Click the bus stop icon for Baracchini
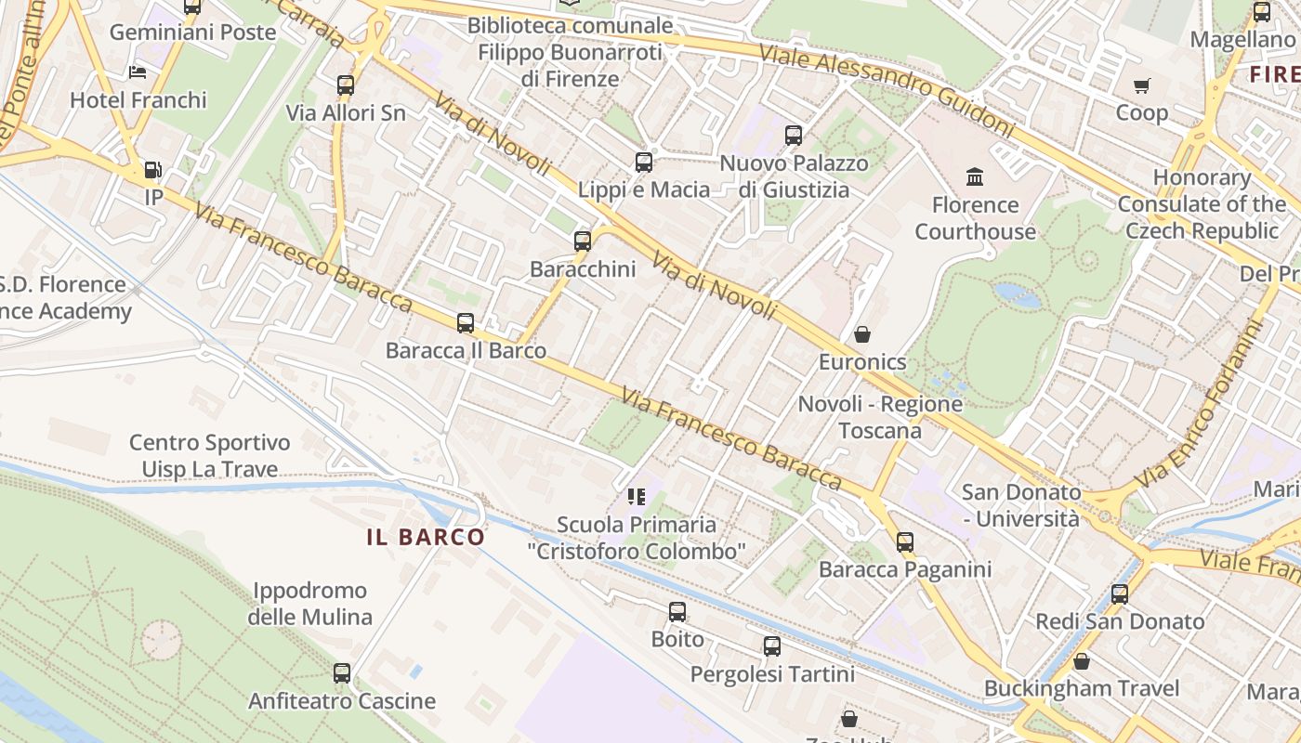coord(583,241)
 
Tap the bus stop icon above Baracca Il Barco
coord(466,323)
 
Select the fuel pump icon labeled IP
coord(152,170)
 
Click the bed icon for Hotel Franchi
coord(138,72)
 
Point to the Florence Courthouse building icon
coord(975,176)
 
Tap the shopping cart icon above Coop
coord(1141,85)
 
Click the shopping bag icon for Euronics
coord(862,334)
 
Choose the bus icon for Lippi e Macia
coord(643,163)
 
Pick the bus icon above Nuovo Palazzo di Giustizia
coord(794,136)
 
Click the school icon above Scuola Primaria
coord(637,497)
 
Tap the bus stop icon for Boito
coord(677,612)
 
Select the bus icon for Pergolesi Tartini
coord(772,646)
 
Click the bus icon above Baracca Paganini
coord(905,542)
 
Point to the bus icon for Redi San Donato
coord(1120,594)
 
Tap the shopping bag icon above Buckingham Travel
coord(1081,661)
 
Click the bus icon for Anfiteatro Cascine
coord(342,673)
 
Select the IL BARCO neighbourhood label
coord(426,537)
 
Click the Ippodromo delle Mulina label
coord(310,604)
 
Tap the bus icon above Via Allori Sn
coord(346,85)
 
